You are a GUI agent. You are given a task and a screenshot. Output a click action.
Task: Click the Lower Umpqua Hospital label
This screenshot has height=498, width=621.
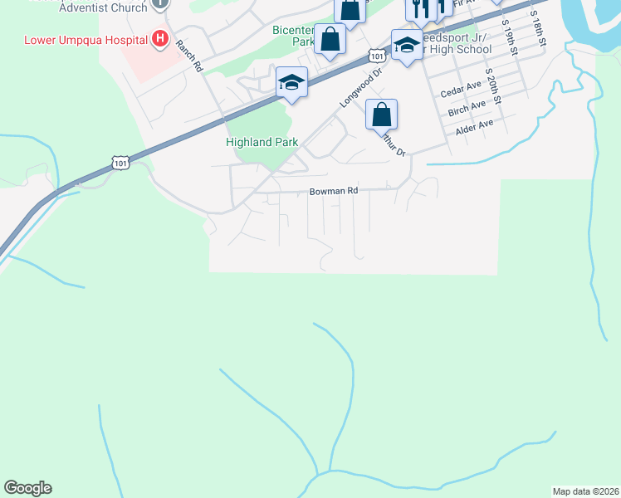click(x=85, y=39)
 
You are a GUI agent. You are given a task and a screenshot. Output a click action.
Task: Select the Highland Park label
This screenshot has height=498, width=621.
click(x=262, y=142)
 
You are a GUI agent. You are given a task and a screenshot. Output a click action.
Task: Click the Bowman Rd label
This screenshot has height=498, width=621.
click(x=333, y=191)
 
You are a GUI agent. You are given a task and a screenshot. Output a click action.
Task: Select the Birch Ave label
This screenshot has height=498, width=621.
click(x=467, y=107)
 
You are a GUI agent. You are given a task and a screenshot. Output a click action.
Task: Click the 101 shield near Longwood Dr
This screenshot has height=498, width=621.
click(x=377, y=56)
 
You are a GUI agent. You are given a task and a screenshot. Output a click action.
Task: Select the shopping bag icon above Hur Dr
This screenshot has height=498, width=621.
click(x=381, y=115)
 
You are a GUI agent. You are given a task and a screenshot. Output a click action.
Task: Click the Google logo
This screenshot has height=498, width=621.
click(x=27, y=488)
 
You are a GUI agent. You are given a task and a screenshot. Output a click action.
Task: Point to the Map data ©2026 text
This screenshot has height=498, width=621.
click(x=584, y=491)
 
